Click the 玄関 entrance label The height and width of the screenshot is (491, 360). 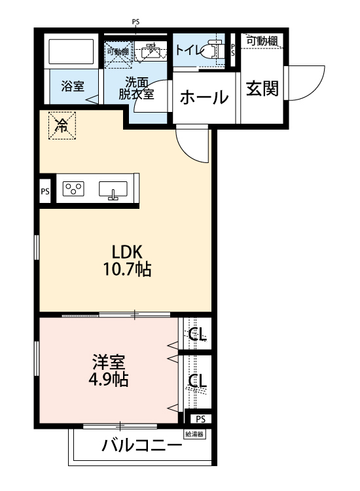click(262, 88)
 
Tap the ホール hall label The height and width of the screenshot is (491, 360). click(204, 98)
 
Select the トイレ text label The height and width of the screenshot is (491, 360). click(188, 48)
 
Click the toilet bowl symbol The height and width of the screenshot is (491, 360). click(211, 49)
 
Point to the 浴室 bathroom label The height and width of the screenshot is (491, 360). click(72, 86)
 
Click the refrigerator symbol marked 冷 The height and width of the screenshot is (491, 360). click(62, 124)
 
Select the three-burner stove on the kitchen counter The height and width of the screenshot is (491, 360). click(73, 189)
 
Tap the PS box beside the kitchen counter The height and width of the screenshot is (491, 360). click(45, 192)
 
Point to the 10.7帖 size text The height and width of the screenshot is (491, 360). click(126, 268)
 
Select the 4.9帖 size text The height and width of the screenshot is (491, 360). click(109, 380)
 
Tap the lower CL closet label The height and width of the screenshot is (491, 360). click(198, 380)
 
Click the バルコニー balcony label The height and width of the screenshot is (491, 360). click(141, 447)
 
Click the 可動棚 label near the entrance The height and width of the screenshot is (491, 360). click(262, 41)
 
